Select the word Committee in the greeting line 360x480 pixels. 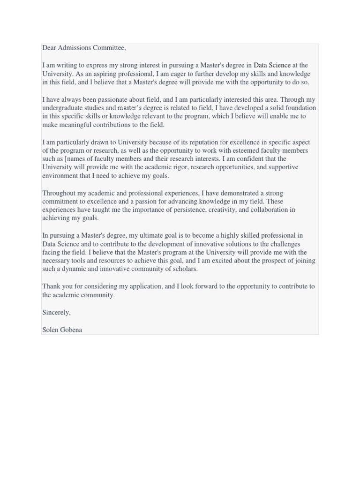coord(110,48)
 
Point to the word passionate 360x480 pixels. coord(113,100)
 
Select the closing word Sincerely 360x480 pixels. coord(56,313)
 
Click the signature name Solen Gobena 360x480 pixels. coord(62,330)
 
